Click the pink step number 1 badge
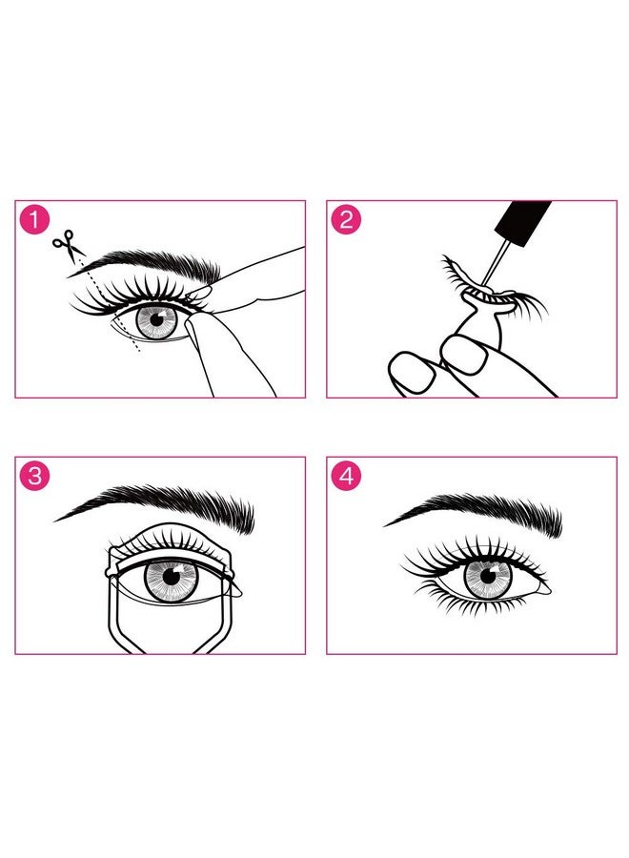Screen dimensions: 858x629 pos(35,219)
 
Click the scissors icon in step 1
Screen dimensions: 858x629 pos(68,245)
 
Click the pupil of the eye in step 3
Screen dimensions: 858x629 pos(171,576)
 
